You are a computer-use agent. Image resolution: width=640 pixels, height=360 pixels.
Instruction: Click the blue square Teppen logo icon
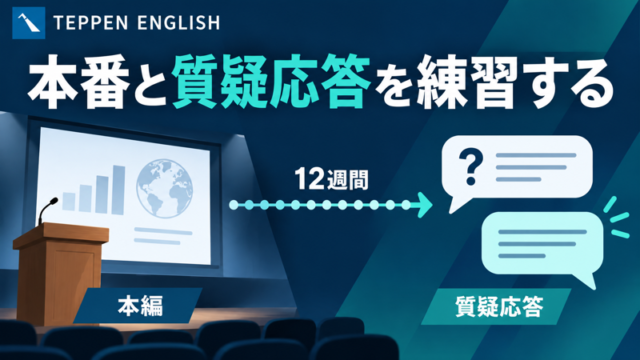click(29, 23)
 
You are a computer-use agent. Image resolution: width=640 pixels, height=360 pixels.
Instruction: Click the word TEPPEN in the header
click(91, 23)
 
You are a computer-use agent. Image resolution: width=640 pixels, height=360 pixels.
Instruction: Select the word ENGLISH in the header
click(179, 23)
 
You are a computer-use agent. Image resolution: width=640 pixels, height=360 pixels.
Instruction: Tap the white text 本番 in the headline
click(78, 81)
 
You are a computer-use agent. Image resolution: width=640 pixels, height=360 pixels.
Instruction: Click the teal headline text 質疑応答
click(271, 81)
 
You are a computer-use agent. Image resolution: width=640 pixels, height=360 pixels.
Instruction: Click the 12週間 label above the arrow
click(331, 179)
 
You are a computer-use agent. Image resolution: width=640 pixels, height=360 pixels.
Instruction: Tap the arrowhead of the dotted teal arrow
click(425, 204)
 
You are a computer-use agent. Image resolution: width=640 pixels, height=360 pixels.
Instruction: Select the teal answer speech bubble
click(542, 246)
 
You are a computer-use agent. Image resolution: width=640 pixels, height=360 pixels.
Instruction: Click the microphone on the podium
click(47, 211)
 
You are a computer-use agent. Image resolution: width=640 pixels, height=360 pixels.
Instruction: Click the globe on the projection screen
click(164, 188)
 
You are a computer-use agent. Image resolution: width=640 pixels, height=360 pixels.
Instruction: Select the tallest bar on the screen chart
click(118, 190)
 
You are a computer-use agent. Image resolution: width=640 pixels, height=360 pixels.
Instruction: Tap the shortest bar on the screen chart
click(69, 202)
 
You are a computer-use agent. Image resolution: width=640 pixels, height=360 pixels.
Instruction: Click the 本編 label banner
click(138, 306)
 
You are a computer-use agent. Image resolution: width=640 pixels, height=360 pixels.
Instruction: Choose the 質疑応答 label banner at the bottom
click(496, 307)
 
